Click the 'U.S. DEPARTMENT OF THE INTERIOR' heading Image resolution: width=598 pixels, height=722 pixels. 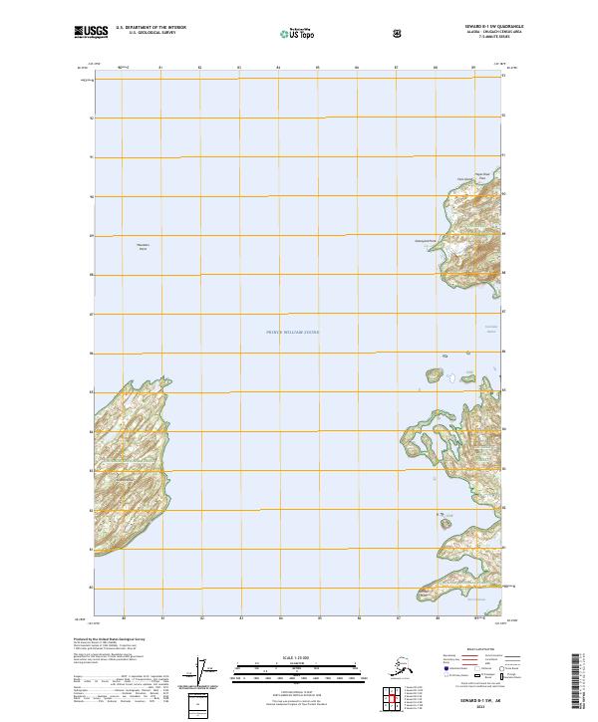point(150,27)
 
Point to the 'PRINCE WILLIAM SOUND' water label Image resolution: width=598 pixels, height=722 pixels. point(293,333)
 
